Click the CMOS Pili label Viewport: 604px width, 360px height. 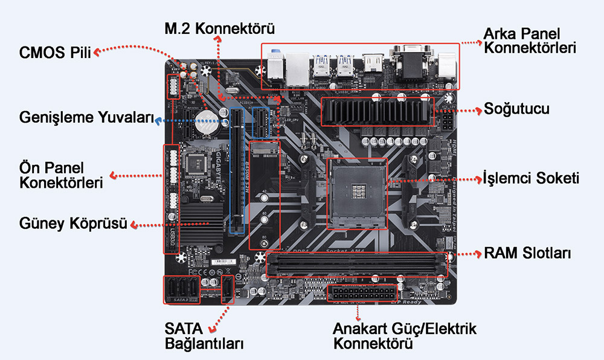pyautogui.click(x=54, y=53)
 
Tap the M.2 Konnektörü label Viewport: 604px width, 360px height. pyautogui.click(x=220, y=28)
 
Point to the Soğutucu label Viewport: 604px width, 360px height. pyautogui.click(x=516, y=110)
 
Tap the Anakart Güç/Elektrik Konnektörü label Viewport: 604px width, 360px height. pyautogui.click(x=405, y=336)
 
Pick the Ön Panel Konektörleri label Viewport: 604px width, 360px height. pyautogui.click(x=60, y=175)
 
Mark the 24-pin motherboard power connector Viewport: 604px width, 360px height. pyautogui.click(x=359, y=294)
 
